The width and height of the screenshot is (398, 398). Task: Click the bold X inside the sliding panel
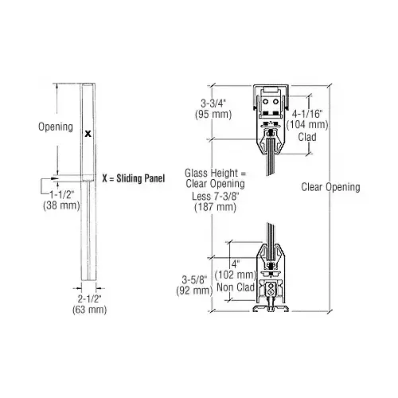(x=88, y=134)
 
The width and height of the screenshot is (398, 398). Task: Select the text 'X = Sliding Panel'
(x=133, y=178)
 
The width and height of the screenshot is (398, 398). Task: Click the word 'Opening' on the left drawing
(x=56, y=127)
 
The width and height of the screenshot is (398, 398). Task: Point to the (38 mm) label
(x=60, y=204)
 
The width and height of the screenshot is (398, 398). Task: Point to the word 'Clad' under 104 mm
(x=306, y=136)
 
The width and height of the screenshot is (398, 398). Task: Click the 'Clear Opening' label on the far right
(x=331, y=187)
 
